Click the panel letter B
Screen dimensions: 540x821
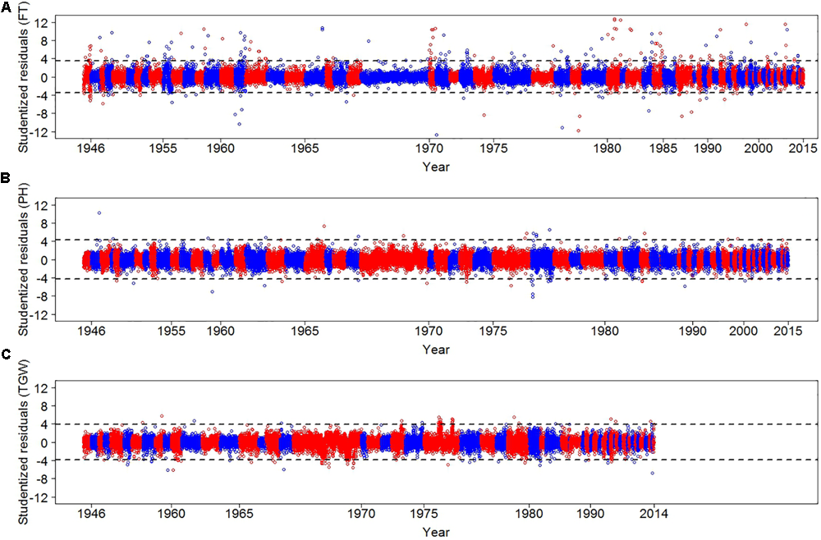pos(7,176)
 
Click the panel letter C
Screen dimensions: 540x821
pos(7,355)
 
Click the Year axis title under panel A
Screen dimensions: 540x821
pos(435,167)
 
